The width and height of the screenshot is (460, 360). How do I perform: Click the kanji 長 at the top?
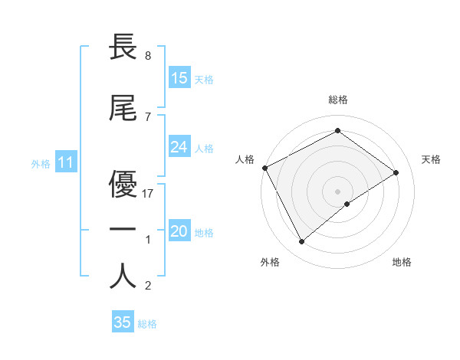(x=123, y=49)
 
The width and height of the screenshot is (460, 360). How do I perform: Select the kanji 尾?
(x=123, y=109)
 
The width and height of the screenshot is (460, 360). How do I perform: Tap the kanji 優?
(x=123, y=183)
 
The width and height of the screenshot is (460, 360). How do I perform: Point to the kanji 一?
(x=123, y=229)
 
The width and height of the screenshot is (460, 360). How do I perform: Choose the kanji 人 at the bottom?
(x=123, y=275)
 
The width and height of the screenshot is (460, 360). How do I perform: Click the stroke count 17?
(x=149, y=194)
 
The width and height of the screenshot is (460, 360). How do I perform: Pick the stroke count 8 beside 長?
(x=147, y=56)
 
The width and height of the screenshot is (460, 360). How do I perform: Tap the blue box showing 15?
(x=179, y=77)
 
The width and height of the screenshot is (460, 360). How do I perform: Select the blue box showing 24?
(x=179, y=147)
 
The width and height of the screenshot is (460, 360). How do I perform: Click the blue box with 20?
(x=179, y=232)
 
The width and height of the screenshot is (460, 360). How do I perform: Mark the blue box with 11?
(x=66, y=162)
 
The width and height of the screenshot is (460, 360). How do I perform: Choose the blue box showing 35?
(x=123, y=322)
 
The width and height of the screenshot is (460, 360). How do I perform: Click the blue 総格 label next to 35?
(x=147, y=324)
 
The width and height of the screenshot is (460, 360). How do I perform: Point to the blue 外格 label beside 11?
(x=41, y=163)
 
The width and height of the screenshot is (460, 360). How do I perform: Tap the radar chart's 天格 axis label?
(x=432, y=159)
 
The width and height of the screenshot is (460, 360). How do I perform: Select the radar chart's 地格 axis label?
(x=402, y=262)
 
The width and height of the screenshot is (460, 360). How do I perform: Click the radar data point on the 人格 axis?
(x=264, y=168)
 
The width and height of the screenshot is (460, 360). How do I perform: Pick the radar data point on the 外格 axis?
(x=301, y=242)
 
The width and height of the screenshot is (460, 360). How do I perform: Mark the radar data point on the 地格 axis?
(x=347, y=204)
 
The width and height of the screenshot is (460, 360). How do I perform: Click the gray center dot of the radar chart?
(x=337, y=190)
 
